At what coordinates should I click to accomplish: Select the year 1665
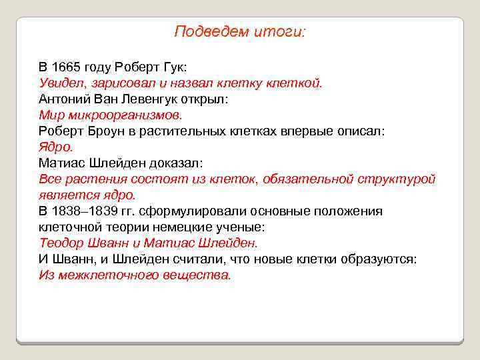coord(65,67)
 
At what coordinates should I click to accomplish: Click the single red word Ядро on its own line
coord(56,147)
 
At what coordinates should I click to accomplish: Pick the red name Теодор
coord(61,243)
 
